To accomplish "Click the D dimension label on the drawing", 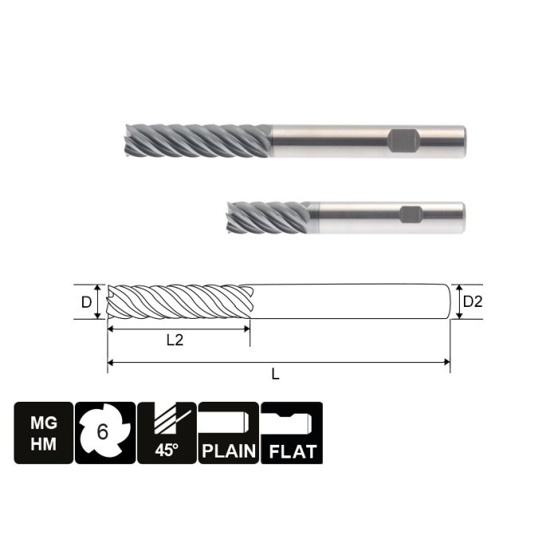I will (85, 302).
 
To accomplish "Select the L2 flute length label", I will (175, 340).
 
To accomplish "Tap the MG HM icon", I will (43, 433).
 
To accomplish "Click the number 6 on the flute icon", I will (102, 432).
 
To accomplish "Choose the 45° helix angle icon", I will (166, 433).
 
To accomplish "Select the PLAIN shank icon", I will (228, 433).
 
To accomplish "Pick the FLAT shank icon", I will (292, 433).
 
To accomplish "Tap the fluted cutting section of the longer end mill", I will (199, 141).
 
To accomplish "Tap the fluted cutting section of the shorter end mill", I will (268, 216).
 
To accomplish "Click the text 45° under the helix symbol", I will (166, 451).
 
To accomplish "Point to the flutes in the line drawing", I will (179, 302).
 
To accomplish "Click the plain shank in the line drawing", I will (351, 302).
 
